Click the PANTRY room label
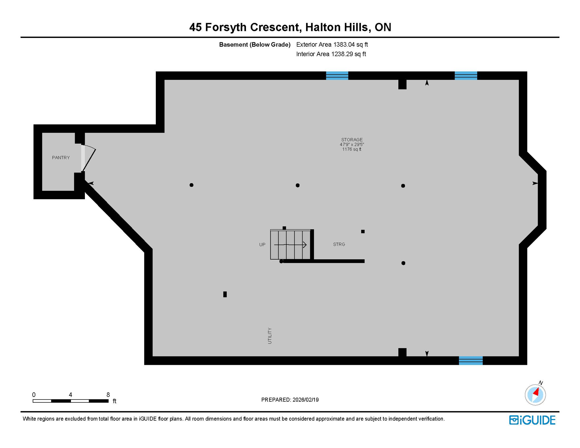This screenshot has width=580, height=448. [61, 157]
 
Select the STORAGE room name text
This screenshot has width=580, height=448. [352, 140]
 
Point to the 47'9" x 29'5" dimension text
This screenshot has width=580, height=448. [352, 144]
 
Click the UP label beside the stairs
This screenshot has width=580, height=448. [262, 245]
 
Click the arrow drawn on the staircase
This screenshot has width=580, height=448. [291, 245]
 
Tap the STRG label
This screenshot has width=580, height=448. [339, 244]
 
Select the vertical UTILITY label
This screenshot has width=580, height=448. [270, 336]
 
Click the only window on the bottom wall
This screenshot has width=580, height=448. [471, 360]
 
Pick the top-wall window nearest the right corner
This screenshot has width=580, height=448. [466, 76]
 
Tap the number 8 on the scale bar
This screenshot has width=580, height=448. [108, 395]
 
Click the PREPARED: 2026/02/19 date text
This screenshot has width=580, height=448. [290, 400]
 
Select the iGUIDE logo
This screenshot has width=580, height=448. [532, 420]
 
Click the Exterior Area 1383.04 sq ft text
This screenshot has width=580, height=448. [332, 45]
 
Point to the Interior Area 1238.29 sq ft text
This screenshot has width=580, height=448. [331, 54]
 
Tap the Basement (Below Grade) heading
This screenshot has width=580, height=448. [255, 45]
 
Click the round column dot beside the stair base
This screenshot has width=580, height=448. [281, 261]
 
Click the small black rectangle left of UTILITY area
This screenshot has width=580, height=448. [225, 294]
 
